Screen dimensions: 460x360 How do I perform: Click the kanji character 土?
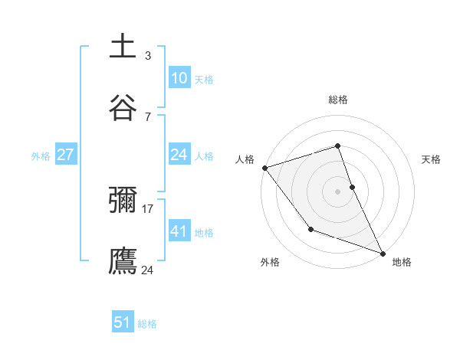[123, 47]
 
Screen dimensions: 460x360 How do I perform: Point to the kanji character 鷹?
[123, 260]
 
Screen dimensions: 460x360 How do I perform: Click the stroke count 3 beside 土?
[147, 56]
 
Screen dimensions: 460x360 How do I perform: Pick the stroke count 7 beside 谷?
[147, 116]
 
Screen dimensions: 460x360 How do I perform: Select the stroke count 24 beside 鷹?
[148, 270]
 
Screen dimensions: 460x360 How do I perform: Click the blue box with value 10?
[179, 78]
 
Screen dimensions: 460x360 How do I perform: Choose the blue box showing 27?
[65, 155]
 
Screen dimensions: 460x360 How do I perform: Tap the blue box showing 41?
[179, 231]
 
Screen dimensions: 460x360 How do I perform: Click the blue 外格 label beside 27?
[41, 155]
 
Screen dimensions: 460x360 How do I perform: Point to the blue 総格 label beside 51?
[147, 324]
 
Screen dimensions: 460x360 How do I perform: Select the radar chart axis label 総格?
[338, 100]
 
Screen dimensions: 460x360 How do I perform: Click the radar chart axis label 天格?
[431, 159]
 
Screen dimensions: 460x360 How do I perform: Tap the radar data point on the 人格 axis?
[264, 168]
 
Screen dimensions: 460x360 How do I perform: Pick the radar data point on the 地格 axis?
[382, 253]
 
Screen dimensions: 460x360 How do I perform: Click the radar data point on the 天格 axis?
[352, 187]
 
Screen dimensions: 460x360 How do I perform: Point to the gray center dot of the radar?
[338, 191]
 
